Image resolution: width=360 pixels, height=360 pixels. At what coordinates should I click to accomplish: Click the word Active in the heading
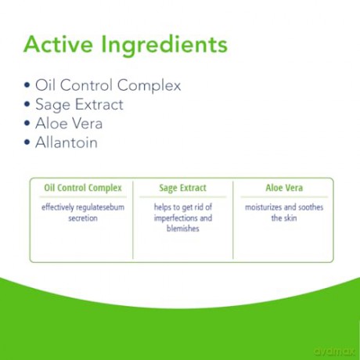coord(58,44)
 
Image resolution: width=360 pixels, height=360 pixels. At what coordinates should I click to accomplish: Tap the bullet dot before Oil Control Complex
coord(27,85)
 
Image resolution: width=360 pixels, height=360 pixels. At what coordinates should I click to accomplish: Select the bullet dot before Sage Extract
coord(27,104)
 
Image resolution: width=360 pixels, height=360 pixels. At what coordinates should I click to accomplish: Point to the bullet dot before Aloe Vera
coord(27,123)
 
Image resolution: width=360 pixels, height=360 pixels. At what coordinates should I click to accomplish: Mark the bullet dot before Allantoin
coord(27,142)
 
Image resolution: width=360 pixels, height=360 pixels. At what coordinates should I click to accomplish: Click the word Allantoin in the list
coord(67,142)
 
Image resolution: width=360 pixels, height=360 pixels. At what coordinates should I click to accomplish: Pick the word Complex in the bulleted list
coord(149,86)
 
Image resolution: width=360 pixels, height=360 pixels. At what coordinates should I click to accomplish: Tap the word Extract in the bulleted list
coord(99,104)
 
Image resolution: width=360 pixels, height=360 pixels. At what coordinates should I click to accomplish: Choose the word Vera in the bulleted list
coord(87,124)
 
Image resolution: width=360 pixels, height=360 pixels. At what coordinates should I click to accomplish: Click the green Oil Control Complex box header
coord(83,188)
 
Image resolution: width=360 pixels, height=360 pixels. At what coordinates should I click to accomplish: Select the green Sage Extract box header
coord(183,188)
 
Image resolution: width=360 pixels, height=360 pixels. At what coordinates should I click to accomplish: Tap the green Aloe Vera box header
coord(284,188)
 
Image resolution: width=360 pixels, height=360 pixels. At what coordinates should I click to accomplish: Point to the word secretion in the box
coord(83,218)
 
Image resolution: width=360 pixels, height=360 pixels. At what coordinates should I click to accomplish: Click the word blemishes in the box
coord(183,229)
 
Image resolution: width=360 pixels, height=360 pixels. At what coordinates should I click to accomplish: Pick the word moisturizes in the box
coord(264,207)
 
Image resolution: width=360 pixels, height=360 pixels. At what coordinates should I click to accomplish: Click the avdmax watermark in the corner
coord(335,351)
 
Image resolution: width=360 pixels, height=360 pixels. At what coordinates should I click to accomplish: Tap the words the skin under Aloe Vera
coord(284,218)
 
